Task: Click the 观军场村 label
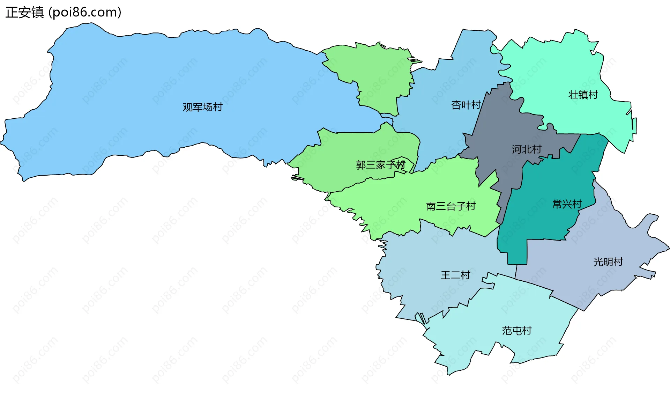202,107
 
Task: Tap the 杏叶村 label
466,105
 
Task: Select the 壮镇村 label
583,95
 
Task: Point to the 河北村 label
527,149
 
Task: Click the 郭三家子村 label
380,165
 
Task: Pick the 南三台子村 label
451,206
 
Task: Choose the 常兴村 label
567,204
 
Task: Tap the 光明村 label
608,262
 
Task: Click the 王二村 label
455,275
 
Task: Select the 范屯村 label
516,330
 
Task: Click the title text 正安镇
24,13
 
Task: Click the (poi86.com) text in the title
85,13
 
